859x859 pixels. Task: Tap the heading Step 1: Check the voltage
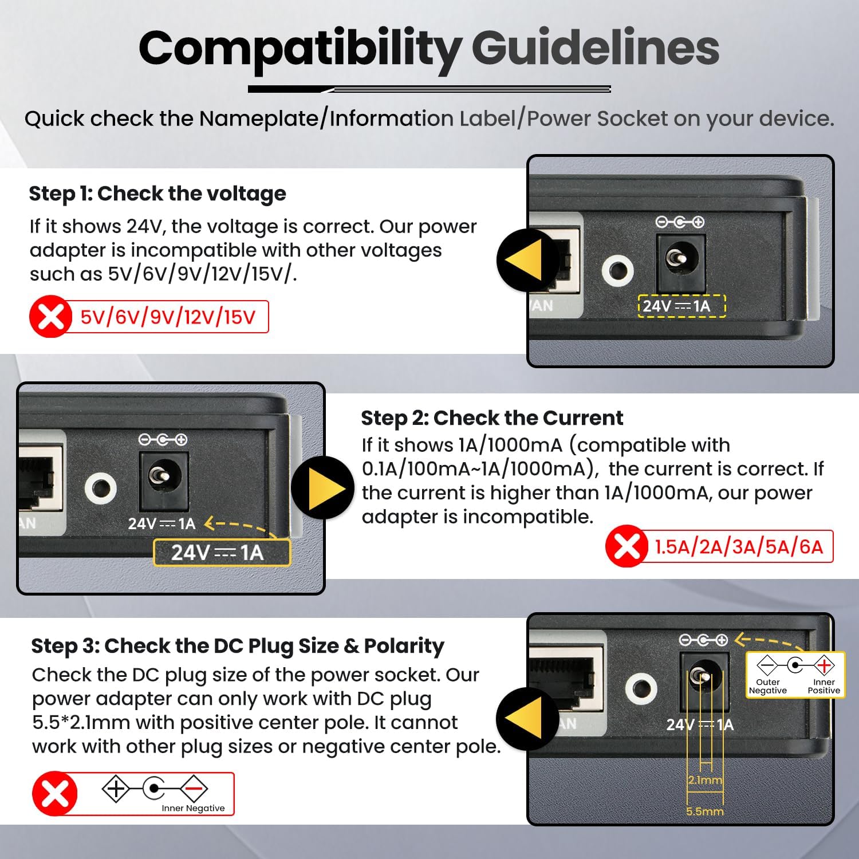coord(157,194)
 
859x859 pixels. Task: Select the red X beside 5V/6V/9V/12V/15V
coord(50,317)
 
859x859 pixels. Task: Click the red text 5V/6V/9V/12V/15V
coord(168,317)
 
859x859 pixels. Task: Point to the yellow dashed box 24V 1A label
coord(681,306)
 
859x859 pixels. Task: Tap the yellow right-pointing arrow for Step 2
coord(324,488)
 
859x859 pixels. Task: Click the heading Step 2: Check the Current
coord(492,418)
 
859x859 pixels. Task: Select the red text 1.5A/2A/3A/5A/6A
coord(739,547)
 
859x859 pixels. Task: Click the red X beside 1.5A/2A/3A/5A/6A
coord(626,546)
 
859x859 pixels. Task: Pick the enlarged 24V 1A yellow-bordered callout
coord(222,553)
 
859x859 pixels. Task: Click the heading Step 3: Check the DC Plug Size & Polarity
coord(238,646)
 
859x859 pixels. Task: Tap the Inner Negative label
coord(193,808)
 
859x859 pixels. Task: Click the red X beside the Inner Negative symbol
coord(55,794)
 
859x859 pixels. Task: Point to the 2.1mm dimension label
coord(705,780)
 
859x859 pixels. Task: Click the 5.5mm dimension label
coord(705,811)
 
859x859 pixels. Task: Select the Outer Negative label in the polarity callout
coord(768,686)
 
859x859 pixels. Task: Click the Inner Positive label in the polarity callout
coord(824,686)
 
